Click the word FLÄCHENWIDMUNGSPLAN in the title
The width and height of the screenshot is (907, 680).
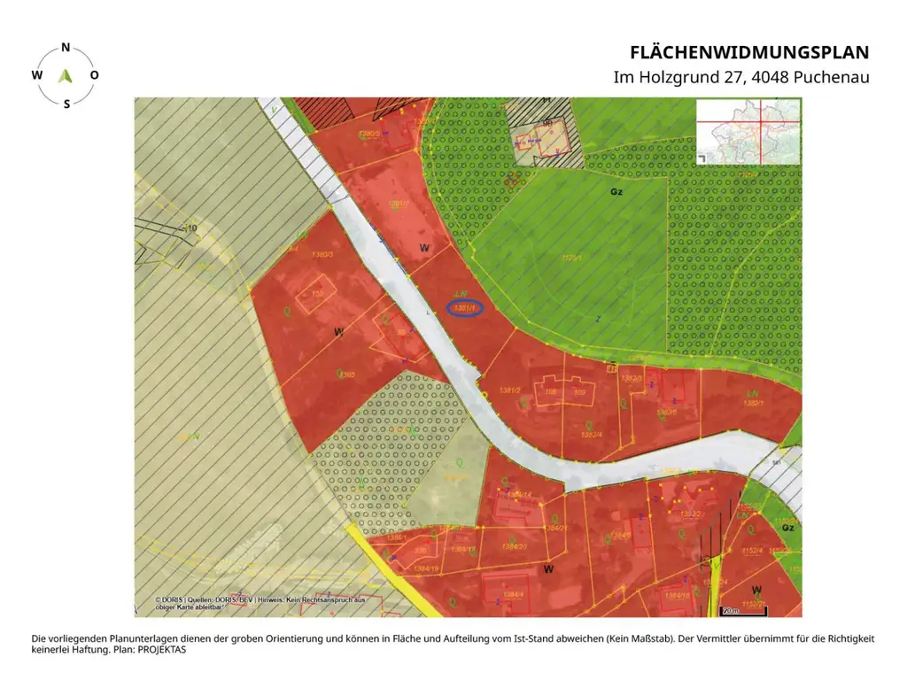pos(749,52)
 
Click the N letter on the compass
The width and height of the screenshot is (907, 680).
pos(66,48)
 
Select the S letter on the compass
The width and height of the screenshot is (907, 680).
pos(66,104)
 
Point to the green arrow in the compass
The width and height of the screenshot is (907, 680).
pos(65,75)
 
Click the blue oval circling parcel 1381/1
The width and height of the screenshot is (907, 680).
pos(465,308)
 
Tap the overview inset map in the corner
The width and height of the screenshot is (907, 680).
pos(748,131)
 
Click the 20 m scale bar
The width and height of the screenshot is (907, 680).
pos(730,610)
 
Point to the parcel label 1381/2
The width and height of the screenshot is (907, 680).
pos(509,390)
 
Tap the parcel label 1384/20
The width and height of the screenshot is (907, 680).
pos(514,546)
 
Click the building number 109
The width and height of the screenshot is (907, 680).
pos(580,391)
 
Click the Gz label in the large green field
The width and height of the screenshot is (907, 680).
pos(616,191)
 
